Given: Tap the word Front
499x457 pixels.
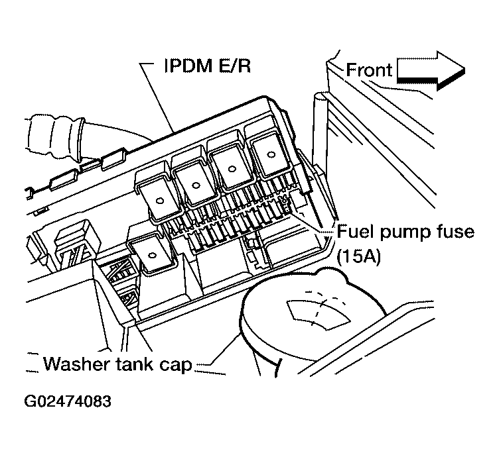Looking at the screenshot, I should (x=370, y=70).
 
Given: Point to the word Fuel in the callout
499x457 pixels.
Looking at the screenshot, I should (x=354, y=233).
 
